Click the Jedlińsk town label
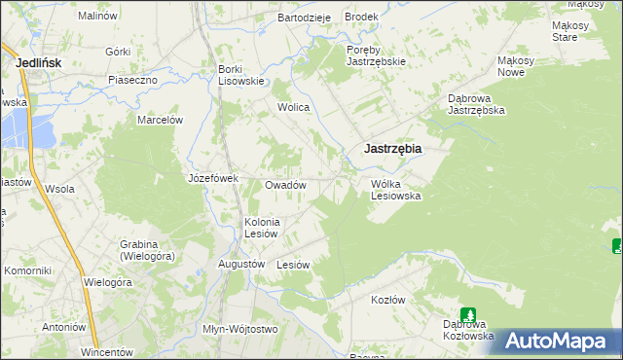42,62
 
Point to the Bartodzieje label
305,18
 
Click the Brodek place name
360,18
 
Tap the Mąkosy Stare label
565,31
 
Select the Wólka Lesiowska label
395,189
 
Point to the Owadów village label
286,185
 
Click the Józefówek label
213,178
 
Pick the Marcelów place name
161,120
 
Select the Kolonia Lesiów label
262,228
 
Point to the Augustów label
242,264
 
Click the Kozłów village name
387,300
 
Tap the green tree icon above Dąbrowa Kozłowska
468,314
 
